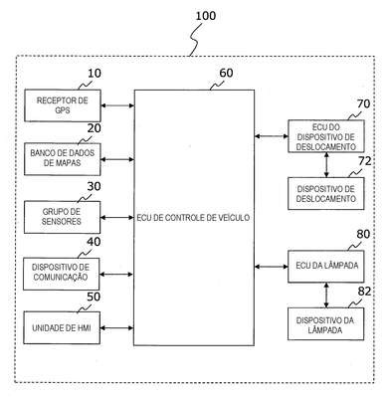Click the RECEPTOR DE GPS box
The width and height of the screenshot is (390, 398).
coord(63,105)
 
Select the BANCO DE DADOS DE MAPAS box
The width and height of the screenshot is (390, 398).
coord(63,159)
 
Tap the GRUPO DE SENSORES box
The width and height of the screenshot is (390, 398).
coord(62,217)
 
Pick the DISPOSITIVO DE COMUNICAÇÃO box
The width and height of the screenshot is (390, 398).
coord(62,274)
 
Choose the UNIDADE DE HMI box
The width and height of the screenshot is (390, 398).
coord(62,327)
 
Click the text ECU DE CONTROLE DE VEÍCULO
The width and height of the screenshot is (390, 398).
coord(193,218)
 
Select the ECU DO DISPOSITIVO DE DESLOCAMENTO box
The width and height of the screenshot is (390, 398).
coord(326,136)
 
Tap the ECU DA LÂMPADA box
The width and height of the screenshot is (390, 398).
coord(326,267)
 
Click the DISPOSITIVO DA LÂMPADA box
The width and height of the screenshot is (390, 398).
coord(325,324)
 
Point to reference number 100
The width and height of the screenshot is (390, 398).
coord(206,16)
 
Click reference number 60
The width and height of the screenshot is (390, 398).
coord(226,73)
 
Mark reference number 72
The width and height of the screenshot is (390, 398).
coord(364,161)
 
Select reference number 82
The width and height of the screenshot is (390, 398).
coord(364,292)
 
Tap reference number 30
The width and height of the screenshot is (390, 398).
coord(94,186)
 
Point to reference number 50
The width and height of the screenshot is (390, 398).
coord(94,297)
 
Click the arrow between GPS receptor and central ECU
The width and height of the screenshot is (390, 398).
coord(117,105)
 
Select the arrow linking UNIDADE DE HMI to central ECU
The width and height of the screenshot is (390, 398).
coord(116,328)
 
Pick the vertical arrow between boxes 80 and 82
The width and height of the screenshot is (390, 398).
coord(326,296)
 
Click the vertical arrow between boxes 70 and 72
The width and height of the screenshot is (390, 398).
coord(326,165)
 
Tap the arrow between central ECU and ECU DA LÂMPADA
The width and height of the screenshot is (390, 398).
coord(272,267)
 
